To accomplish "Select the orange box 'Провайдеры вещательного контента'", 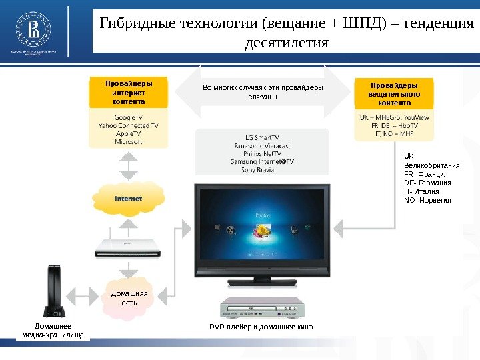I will pos(394,94).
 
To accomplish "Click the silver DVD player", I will pos(262,309).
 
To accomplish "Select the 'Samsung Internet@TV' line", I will pos(262,161).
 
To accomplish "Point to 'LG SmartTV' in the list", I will pos(262,136).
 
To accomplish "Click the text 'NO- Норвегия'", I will pos(427,200).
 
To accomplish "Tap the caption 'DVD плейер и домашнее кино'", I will pos(261,327).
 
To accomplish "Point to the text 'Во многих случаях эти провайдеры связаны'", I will pos(262,92).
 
